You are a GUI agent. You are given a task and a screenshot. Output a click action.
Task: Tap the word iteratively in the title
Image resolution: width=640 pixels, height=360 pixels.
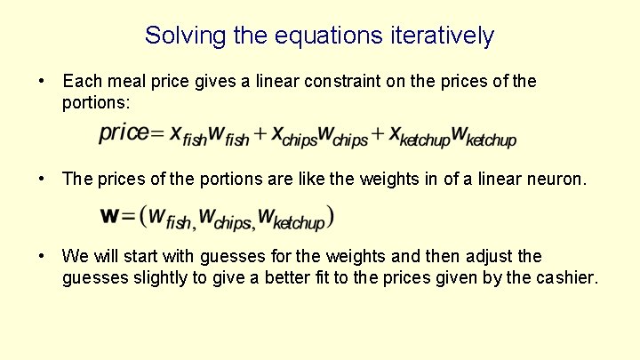(442, 36)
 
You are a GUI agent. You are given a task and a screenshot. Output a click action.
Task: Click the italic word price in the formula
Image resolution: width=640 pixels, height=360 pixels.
(123, 132)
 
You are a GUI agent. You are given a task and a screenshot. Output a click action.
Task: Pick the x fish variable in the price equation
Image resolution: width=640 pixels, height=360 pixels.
(188, 136)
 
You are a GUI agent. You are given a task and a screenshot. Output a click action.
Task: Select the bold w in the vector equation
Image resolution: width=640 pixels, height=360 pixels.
(110, 215)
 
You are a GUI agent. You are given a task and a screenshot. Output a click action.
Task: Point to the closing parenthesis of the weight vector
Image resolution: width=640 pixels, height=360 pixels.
(330, 216)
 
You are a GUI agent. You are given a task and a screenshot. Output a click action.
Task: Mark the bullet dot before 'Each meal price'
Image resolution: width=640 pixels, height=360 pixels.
(43, 82)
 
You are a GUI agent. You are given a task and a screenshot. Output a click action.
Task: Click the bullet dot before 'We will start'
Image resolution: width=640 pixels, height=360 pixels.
(43, 257)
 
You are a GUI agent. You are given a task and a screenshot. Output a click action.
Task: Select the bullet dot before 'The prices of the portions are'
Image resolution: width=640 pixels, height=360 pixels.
(43, 179)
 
